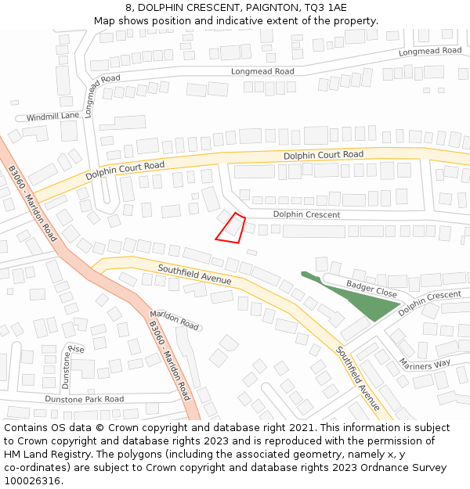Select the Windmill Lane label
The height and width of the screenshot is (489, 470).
tap(53, 117)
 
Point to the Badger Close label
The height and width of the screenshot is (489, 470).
tap(372, 290)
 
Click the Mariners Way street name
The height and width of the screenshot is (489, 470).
tap(425, 363)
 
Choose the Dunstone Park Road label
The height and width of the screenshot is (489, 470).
tap(84, 399)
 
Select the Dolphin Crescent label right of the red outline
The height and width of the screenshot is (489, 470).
tap(306, 214)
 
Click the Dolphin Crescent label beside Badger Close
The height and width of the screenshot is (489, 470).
tap(429, 304)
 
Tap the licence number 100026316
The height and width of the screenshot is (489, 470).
tap(33, 481)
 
